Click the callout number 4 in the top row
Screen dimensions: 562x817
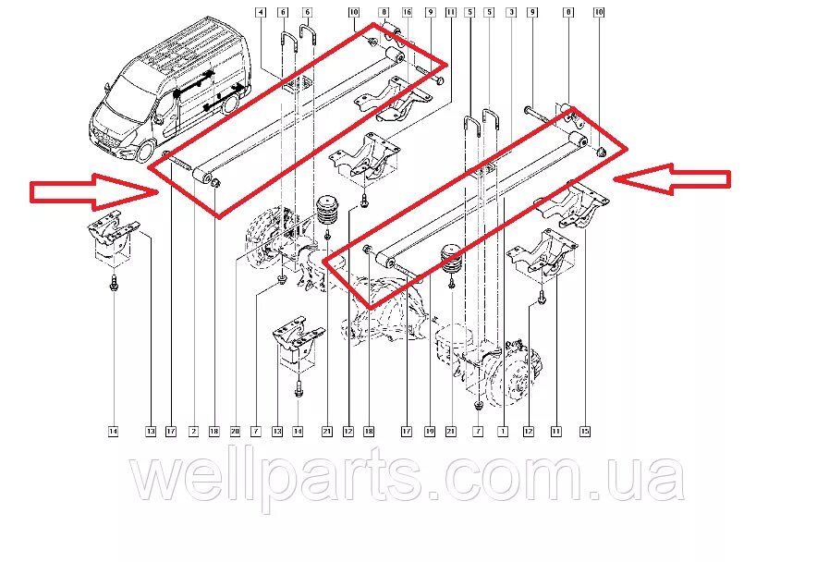click(260, 12)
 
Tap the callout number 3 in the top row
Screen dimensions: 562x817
click(511, 12)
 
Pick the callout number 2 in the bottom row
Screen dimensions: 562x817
click(193, 431)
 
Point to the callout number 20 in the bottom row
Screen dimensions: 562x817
click(236, 431)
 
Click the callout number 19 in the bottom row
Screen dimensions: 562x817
click(429, 431)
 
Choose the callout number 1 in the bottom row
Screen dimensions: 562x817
click(503, 431)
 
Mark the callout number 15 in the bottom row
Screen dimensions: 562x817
click(584, 431)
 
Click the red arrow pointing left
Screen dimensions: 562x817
click(672, 179)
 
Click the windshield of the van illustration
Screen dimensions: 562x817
click(128, 92)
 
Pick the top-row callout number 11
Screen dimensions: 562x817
click(450, 12)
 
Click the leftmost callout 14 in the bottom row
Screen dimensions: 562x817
click(112, 431)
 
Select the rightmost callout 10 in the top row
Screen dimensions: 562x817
click(598, 12)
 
